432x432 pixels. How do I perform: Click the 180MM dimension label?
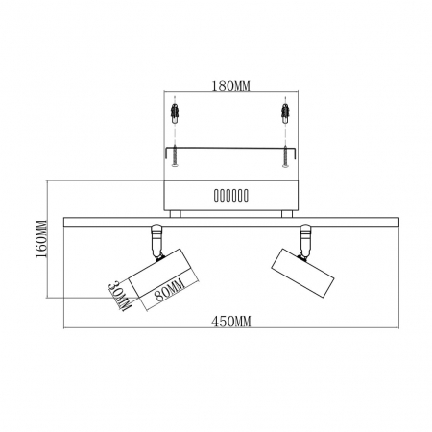229,85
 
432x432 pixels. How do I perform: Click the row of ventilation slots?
229,196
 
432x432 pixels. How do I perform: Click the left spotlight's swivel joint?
156,238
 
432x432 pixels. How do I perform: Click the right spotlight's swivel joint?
306,238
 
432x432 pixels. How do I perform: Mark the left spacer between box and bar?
175,214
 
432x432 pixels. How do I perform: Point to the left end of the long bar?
65,223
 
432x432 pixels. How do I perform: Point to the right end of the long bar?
396,223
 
